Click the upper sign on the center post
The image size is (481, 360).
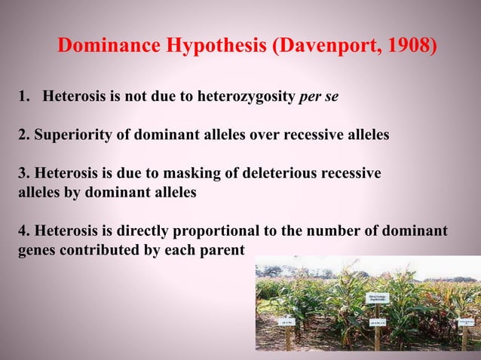click(x=377, y=299)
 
